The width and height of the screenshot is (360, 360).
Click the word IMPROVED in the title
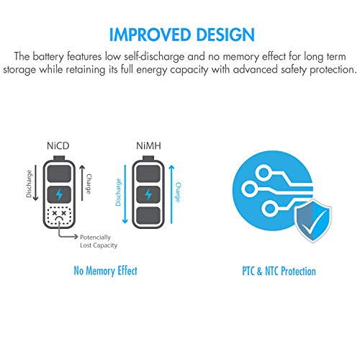[149, 35]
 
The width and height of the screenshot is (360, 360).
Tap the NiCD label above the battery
[58, 145]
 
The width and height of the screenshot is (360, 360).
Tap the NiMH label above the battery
[148, 145]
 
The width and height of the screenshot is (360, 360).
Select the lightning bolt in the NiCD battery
[59, 194]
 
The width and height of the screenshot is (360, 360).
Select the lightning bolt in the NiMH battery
[148, 194]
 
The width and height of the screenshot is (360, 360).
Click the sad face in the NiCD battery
[59, 215]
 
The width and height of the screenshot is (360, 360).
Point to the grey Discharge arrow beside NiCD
[35, 182]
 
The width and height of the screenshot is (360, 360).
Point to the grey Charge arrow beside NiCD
[82, 182]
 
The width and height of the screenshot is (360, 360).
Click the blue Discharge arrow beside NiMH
[125, 194]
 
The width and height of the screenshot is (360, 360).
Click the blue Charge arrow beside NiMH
[171, 194]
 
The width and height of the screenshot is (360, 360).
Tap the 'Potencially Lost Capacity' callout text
[99, 241]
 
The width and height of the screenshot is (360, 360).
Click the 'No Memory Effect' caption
[105, 271]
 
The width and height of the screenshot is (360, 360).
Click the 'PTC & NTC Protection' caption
[279, 271]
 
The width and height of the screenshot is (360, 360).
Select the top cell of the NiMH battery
[148, 174]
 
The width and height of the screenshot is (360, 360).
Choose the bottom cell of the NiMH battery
[148, 215]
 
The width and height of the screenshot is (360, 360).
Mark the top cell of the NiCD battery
[59, 174]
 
